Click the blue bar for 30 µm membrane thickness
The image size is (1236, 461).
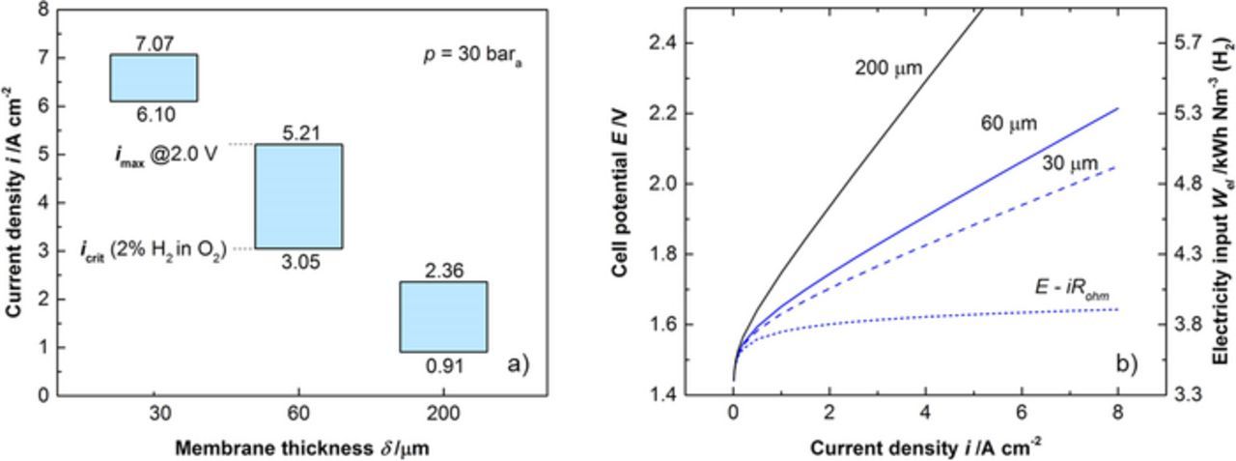(x=154, y=77)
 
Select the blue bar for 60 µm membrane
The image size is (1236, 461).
(x=298, y=196)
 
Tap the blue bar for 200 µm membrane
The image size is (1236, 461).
(x=443, y=317)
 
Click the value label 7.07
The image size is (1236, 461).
(x=154, y=43)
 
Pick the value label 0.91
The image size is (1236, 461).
(x=444, y=366)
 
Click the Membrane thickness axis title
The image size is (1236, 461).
(x=302, y=448)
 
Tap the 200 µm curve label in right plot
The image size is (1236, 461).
(x=889, y=68)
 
